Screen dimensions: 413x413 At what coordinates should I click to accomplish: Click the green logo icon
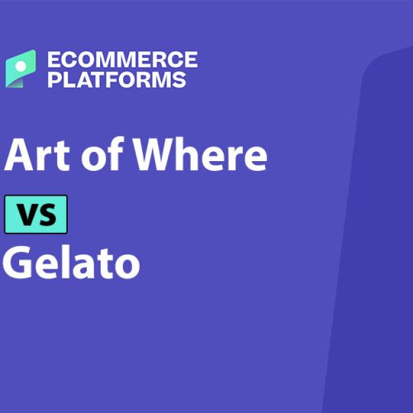[21, 69]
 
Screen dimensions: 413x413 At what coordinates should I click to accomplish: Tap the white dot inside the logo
[21, 66]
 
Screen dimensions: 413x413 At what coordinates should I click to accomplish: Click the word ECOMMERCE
[122, 59]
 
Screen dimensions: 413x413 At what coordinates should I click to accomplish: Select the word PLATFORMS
[116, 79]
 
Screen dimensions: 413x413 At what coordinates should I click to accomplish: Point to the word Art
[37, 154]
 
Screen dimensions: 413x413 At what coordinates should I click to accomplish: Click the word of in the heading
[102, 154]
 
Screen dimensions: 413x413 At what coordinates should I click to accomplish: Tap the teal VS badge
[36, 214]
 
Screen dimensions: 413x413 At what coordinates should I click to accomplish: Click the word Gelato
[71, 262]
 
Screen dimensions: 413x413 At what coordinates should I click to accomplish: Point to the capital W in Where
[155, 155]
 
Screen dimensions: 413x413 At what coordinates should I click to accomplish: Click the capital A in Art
[19, 155]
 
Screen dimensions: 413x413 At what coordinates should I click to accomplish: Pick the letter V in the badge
[27, 214]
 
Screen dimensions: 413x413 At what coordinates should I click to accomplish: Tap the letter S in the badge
[47, 215]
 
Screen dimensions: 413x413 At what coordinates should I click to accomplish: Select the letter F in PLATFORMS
[116, 79]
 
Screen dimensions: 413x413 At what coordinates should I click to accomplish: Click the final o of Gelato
[128, 266]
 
